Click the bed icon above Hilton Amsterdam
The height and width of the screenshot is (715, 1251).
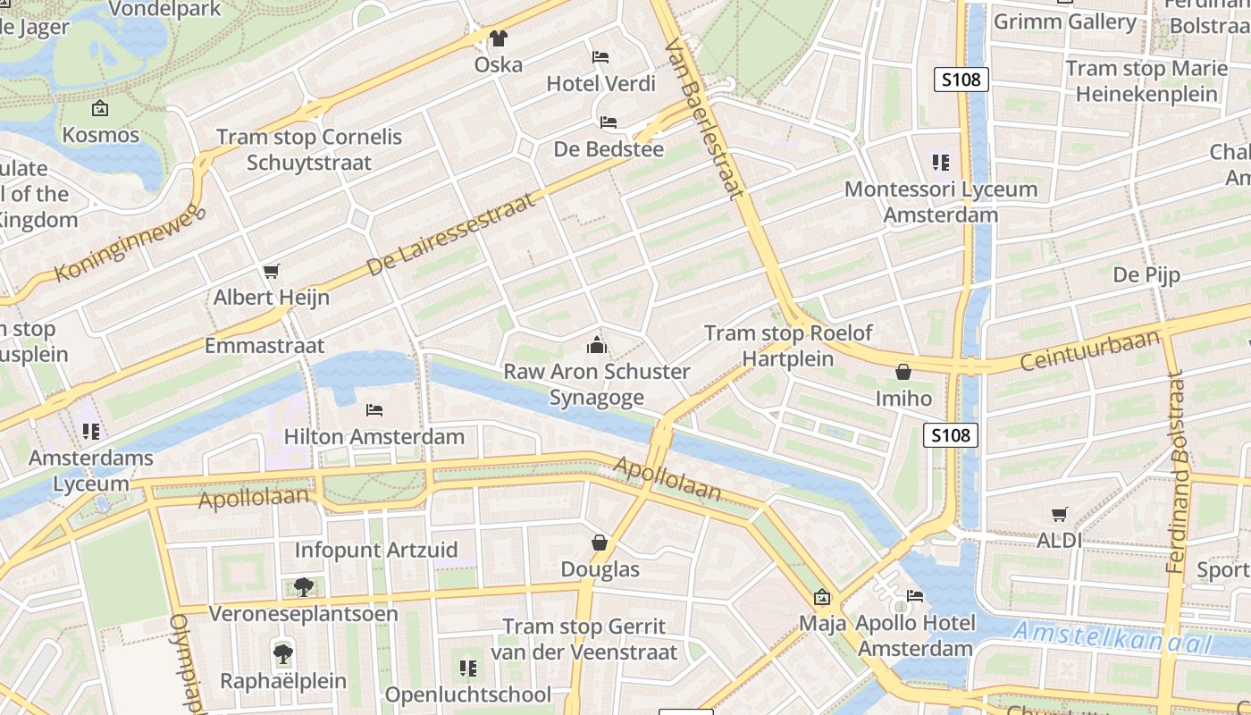pos(374,410)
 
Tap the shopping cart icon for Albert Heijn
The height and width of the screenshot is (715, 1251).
pos(272,271)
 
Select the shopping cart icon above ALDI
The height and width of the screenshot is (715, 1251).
pos(1060,514)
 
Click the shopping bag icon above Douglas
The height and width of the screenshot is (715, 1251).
pos(600,543)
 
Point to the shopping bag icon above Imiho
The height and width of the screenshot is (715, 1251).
pos(903,371)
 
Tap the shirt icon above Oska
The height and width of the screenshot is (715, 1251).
pos(499,38)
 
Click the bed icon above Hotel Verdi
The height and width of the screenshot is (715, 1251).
pos(601,57)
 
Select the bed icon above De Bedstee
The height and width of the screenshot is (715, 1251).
pos(609,122)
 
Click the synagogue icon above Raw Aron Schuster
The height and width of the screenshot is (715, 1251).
pos(596,345)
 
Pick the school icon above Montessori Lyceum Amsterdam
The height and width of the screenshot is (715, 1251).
pos(940,163)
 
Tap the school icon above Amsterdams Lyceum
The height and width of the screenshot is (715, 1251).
pos(91,432)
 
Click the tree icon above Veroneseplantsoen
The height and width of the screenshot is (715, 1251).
pos(303,587)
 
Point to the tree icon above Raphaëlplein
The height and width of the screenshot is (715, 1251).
pos(283,653)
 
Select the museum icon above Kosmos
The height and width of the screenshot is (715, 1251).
pos(100,109)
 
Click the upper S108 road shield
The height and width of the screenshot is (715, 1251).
pos(961,80)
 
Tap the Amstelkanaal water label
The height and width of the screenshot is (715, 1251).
pos(1112,636)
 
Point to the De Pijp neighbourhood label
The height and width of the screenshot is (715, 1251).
pos(1146,274)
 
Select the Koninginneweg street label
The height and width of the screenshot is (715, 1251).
pos(130,242)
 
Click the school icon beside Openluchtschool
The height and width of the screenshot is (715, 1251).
pos(467,668)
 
